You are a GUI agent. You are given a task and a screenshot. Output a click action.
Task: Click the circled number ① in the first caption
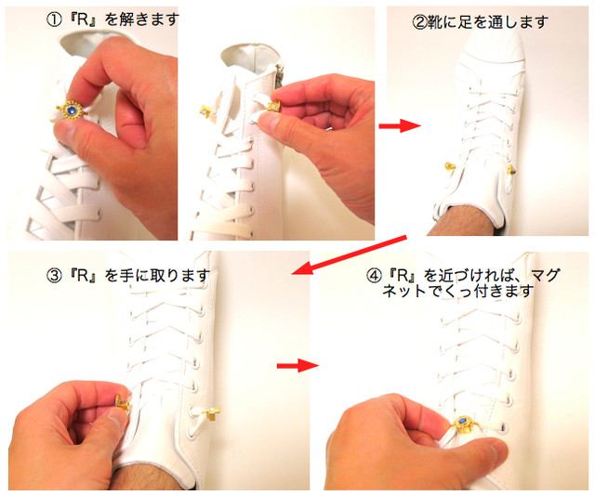54,20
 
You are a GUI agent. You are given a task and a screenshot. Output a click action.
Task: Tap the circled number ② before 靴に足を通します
419,22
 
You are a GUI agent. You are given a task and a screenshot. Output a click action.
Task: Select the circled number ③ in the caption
54,276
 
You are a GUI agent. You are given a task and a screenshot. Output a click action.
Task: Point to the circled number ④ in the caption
374,276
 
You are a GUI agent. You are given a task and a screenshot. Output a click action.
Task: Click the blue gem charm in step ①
72,111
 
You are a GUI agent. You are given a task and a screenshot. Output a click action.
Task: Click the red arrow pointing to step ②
400,125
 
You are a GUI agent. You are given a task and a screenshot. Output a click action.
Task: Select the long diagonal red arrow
350,254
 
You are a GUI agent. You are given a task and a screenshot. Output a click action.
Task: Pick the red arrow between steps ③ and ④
297,365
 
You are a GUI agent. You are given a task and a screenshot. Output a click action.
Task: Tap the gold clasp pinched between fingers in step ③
122,403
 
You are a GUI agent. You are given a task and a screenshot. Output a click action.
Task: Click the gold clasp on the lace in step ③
212,413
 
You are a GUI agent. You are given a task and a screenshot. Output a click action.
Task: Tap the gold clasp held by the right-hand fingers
273,107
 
